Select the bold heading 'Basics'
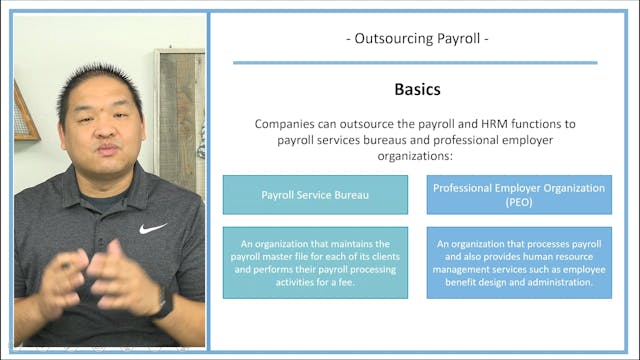coord(416,89)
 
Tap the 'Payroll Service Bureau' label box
coord(315,194)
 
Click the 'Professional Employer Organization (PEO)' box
coord(519,194)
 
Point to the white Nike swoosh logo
coord(152,228)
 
